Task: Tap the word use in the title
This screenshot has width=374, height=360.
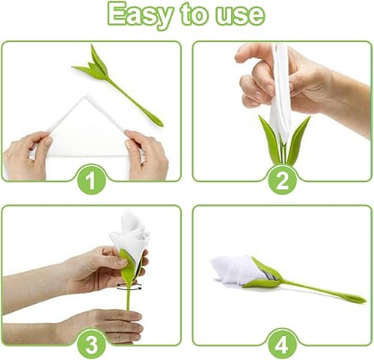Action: [239, 15]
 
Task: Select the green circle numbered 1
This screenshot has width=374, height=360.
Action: [91, 180]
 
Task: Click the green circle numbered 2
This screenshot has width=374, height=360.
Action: [283, 180]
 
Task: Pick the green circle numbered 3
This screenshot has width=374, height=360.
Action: [91, 344]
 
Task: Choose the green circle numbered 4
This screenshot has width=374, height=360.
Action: [283, 344]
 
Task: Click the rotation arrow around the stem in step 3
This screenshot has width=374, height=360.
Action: [129, 287]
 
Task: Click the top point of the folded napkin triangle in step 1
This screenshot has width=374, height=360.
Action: [87, 96]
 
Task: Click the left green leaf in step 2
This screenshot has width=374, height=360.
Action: [270, 140]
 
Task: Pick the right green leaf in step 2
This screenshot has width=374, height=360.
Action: [298, 140]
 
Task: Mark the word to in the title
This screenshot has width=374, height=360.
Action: [194, 14]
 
